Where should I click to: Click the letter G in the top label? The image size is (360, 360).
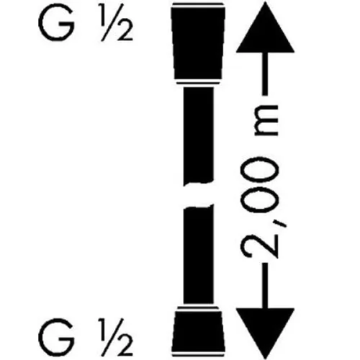tap(56, 24)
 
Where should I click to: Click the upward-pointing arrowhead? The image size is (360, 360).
tap(265, 27)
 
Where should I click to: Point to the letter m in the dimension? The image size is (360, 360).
tap(266, 120)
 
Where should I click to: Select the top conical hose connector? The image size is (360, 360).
tap(198, 44)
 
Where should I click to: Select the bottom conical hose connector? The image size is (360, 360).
tap(198, 332)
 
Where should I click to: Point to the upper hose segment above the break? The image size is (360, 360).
tap(198, 135)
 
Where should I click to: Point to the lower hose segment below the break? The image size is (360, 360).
tap(198, 254)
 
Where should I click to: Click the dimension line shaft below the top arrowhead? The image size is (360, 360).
tap(265, 74)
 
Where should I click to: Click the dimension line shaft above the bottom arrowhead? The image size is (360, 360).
tap(265, 286)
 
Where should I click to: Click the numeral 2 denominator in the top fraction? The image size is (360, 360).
tap(125, 33)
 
